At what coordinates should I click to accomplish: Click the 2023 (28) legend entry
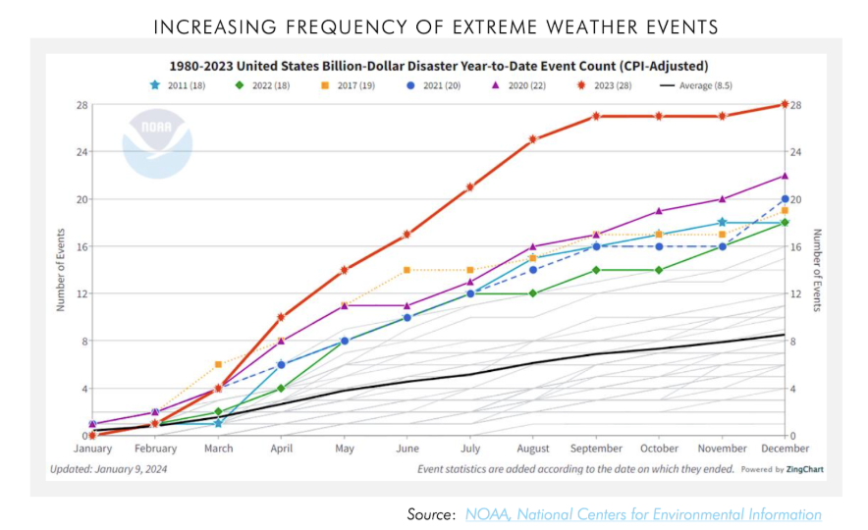(x=604, y=85)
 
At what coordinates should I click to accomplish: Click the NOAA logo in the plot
(x=157, y=143)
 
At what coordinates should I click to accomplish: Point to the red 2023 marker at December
(x=785, y=104)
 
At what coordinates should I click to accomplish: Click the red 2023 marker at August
(x=533, y=139)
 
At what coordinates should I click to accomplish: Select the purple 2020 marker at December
(x=785, y=176)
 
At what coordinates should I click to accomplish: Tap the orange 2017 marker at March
(x=218, y=364)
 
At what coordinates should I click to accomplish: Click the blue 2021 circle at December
(x=785, y=199)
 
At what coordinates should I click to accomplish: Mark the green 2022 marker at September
(x=596, y=270)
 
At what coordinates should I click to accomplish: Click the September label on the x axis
(x=596, y=449)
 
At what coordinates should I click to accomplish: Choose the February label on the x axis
(x=155, y=449)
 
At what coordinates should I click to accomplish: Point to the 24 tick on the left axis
(x=81, y=152)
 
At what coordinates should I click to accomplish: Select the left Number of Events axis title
(x=60, y=270)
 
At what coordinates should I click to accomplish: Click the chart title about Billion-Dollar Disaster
(x=438, y=66)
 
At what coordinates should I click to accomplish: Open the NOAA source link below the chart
(x=643, y=514)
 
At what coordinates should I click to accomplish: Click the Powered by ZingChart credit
(x=783, y=469)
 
